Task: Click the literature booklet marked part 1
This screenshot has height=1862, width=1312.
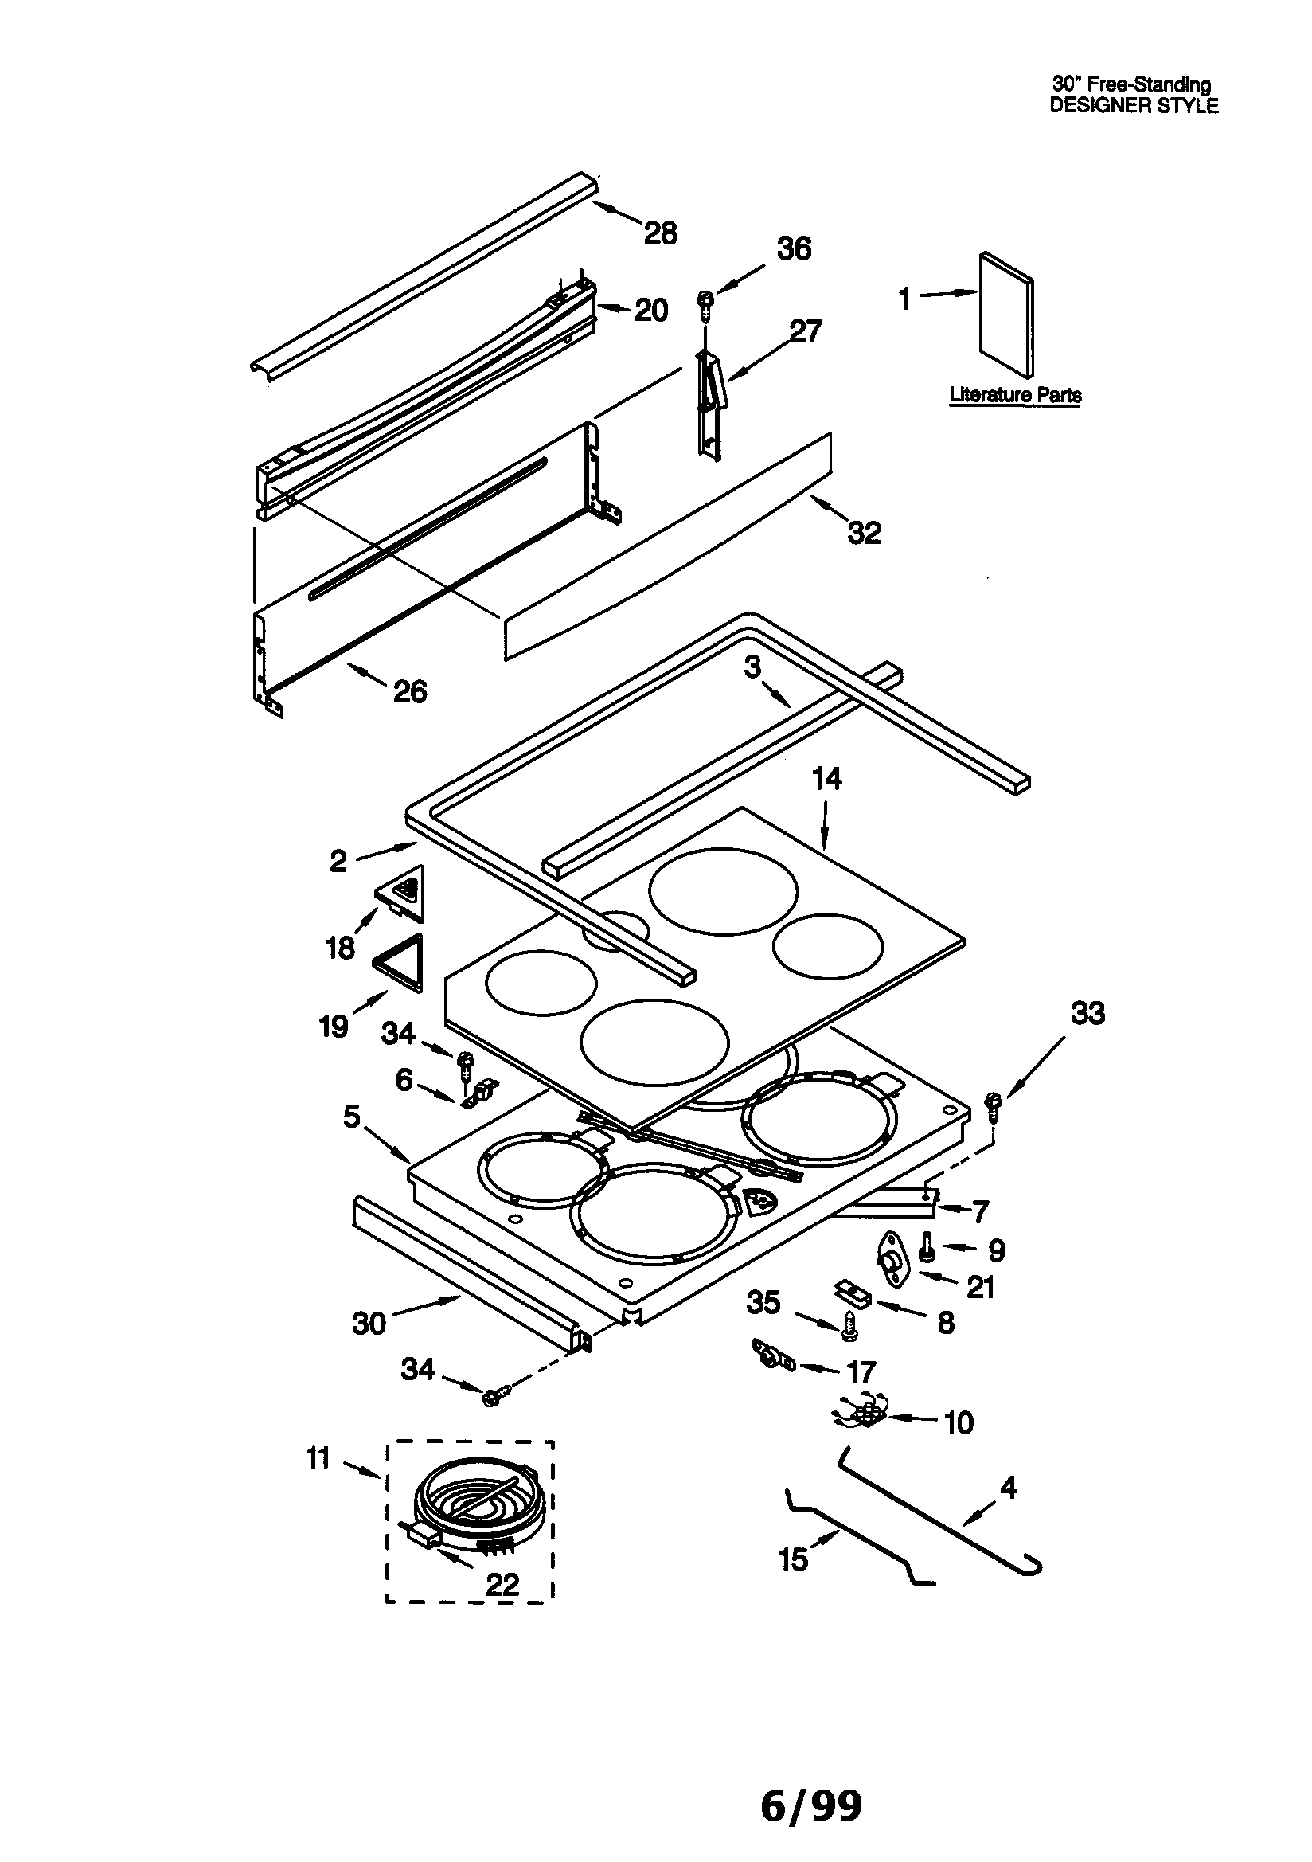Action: coord(1007,316)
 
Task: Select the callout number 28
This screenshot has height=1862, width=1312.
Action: coord(661,233)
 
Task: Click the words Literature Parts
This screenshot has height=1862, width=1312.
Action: coord(1015,395)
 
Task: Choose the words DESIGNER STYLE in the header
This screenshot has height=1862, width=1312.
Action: coord(1134,106)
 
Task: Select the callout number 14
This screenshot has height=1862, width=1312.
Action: coord(826,780)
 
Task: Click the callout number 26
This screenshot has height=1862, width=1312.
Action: coord(409,692)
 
